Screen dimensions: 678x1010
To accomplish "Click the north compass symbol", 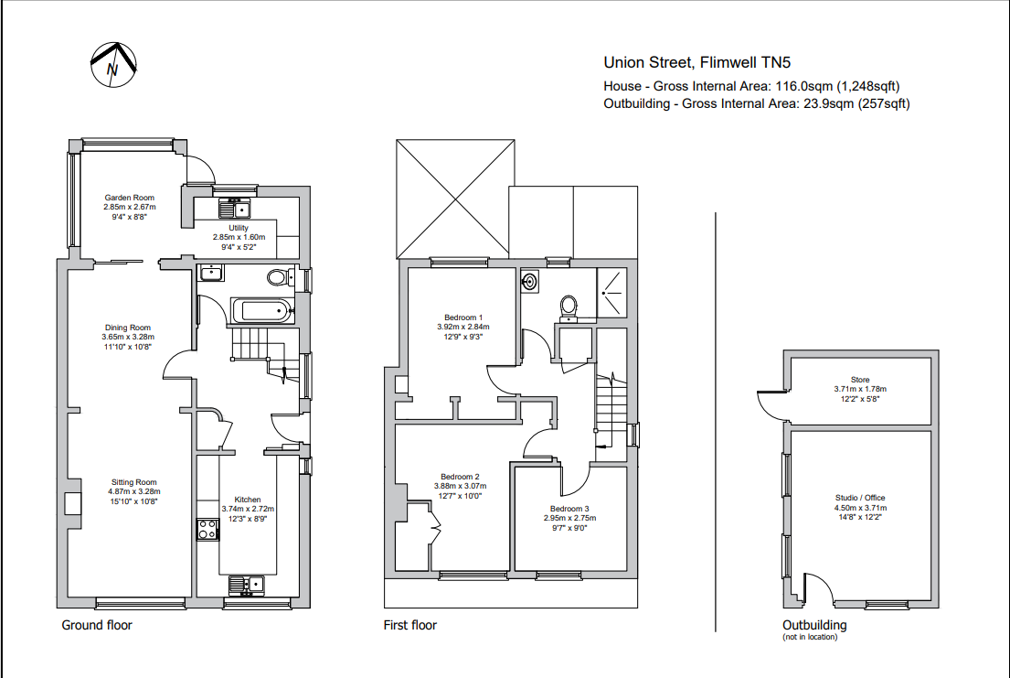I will (113, 65).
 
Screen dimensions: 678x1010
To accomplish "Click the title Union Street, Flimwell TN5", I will (696, 63).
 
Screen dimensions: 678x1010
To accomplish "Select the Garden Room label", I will (129, 198).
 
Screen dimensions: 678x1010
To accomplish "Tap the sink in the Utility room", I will (235, 209).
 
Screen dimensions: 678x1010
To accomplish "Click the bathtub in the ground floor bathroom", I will (262, 310).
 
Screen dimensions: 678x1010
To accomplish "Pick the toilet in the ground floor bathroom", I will (278, 277).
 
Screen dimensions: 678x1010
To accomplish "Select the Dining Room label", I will (127, 328).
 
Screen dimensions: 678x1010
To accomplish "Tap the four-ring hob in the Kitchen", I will (206, 529).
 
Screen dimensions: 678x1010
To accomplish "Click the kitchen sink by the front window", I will (246, 584).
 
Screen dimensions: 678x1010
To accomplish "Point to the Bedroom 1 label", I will (462, 317).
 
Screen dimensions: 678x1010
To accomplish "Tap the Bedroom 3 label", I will (569, 509).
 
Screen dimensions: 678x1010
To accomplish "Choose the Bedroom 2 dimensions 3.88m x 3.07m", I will (460, 487).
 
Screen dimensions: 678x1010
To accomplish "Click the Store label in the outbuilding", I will (859, 380).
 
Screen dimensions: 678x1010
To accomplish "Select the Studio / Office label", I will (860, 499).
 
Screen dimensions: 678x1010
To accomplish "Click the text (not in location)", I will (809, 637).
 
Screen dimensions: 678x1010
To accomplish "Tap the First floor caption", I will (409, 626).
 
